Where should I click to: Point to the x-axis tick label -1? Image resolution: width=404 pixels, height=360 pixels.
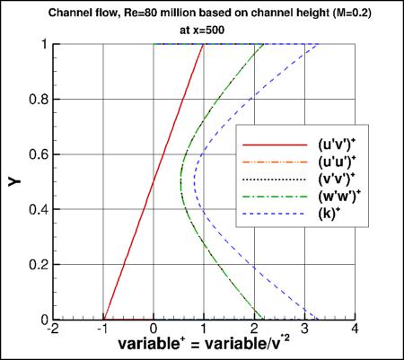[102, 330]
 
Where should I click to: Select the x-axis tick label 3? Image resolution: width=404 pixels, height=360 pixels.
[307, 330]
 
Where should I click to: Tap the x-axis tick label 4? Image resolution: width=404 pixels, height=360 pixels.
[357, 330]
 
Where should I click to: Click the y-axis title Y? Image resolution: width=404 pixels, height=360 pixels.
[15, 182]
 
